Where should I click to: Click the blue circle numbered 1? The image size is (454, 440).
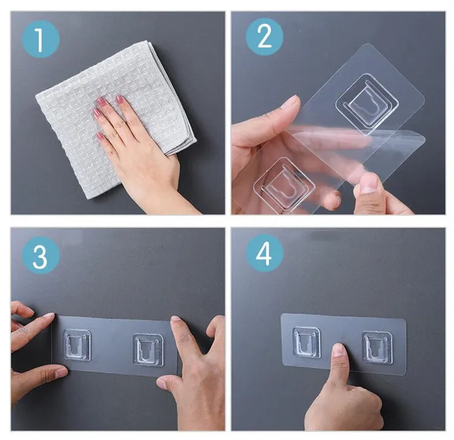(x=41, y=39)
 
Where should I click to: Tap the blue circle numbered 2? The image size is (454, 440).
(x=265, y=37)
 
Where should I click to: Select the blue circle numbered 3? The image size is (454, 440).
(x=41, y=255)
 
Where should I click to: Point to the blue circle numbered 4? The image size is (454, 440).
(x=265, y=253)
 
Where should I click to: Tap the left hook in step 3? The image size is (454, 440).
(x=77, y=345)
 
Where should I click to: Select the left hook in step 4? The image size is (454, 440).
(x=307, y=343)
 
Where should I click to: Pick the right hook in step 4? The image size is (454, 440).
(x=378, y=347)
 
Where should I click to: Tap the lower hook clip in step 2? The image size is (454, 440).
(x=284, y=186)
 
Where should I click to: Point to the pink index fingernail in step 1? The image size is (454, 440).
(x=119, y=100)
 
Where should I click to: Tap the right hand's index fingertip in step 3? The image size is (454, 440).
(x=176, y=320)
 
